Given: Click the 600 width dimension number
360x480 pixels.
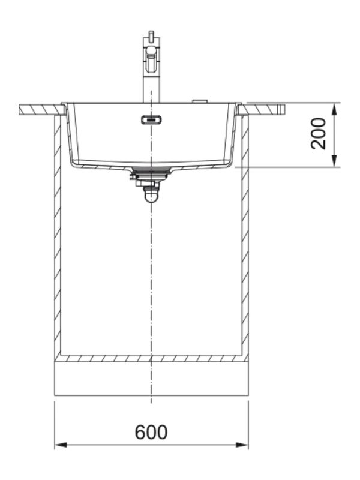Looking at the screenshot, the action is click(x=151, y=432).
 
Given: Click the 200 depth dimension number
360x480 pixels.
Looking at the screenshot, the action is click(x=319, y=133).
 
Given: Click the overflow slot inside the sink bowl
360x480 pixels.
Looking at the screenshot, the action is click(x=152, y=119).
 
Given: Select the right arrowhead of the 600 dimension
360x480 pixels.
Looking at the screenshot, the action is click(x=242, y=445).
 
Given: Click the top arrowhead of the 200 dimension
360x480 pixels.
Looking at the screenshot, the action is click(x=335, y=109).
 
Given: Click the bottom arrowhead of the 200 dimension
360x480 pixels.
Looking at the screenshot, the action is click(x=335, y=161).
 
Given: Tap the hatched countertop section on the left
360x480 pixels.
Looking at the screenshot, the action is click(x=42, y=110).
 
